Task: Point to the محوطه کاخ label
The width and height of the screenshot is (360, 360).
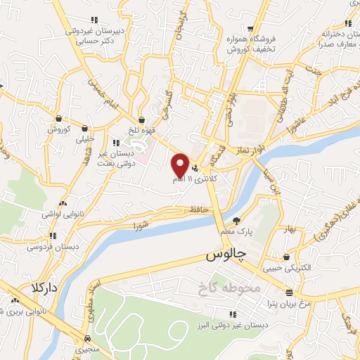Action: pyautogui.click(x=227, y=288)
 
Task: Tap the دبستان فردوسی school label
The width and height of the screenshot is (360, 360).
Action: pyautogui.click(x=52, y=247)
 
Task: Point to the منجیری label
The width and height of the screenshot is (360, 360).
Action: pyautogui.click(x=79, y=347)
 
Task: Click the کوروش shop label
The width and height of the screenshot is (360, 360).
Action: pyautogui.click(x=60, y=129)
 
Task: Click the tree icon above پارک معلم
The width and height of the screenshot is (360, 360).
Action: pyautogui.click(x=237, y=219)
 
